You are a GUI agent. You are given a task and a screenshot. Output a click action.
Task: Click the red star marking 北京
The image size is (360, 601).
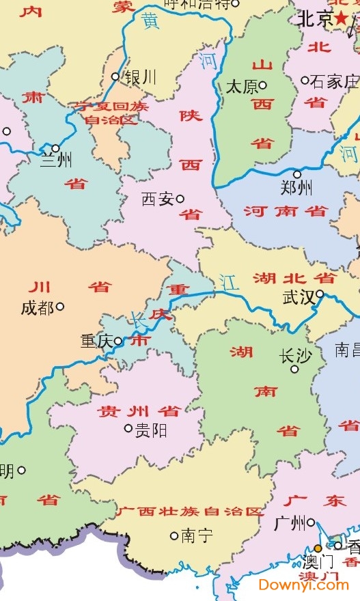[341, 19]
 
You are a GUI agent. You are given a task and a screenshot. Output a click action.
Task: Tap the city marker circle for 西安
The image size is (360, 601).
[180, 199]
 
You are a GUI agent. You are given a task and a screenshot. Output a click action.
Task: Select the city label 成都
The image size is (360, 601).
[37, 308]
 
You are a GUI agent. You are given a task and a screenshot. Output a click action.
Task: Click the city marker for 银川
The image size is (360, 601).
[115, 76]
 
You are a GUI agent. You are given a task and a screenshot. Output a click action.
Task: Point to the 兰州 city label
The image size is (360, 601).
[55, 161]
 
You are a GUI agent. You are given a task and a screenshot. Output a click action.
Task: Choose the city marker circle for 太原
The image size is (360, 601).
[263, 86]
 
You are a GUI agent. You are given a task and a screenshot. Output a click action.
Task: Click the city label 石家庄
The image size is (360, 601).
[334, 82]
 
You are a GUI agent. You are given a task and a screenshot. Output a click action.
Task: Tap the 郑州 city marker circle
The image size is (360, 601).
[297, 174]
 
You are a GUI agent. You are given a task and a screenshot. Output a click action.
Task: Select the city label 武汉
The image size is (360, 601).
[298, 298]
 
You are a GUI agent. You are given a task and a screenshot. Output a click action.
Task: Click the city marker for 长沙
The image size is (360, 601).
[295, 369]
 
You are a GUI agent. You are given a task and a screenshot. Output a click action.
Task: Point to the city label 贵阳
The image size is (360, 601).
[151, 430]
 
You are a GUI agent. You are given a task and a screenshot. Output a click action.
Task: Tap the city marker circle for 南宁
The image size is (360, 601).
[174, 536]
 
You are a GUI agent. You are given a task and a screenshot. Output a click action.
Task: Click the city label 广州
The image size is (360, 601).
[289, 524]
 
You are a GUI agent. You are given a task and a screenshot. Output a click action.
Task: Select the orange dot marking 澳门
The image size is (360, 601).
[318, 548]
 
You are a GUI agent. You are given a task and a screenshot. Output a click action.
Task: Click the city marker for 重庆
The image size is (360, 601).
[118, 341]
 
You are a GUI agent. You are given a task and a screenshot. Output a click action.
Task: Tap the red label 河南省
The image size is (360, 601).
[286, 211]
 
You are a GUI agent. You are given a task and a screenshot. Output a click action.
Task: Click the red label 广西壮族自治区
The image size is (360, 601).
[189, 512]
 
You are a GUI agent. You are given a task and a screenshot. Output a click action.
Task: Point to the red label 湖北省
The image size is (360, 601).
[294, 278]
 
